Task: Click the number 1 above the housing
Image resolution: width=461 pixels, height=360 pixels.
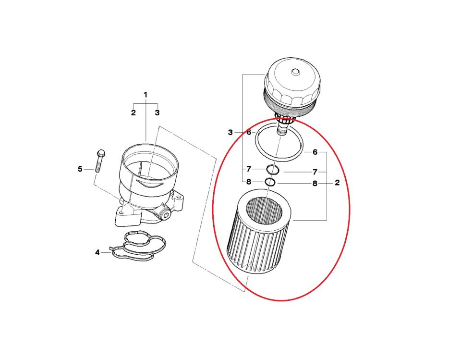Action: (146, 95)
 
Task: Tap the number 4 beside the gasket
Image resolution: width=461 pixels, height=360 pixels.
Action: (97, 252)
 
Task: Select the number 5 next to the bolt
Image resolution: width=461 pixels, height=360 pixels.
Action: (80, 169)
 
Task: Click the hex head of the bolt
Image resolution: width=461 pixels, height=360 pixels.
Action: (100, 153)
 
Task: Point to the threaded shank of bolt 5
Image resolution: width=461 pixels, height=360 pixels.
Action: (99, 165)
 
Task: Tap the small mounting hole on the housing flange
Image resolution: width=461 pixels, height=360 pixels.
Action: (123, 210)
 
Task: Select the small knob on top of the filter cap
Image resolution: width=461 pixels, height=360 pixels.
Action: (295, 73)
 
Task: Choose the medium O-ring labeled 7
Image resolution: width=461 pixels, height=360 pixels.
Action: (273, 170)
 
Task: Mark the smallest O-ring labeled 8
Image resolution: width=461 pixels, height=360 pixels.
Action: (270, 182)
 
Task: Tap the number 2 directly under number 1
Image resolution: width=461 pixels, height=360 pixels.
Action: (133, 113)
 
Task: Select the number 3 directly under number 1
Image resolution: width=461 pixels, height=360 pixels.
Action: (157, 113)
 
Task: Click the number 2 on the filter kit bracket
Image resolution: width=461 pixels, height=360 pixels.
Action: (337, 183)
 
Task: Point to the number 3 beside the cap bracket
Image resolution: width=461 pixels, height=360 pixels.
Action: (230, 132)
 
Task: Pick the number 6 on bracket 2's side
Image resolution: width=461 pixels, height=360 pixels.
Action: (315, 152)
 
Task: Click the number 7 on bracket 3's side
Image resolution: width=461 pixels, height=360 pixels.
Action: (249, 169)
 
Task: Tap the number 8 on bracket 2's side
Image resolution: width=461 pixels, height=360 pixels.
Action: (315, 183)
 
